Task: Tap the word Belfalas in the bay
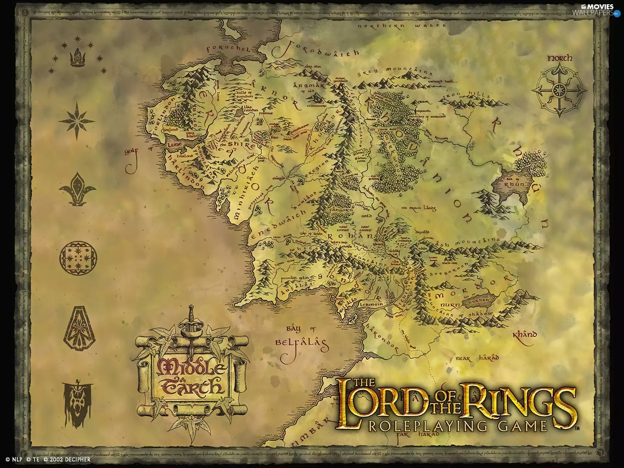[x=300, y=343]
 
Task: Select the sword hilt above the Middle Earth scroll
[x=191, y=320]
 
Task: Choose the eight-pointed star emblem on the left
[x=77, y=121]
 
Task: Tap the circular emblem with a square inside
[x=78, y=258]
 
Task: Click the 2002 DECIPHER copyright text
[x=67, y=460]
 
